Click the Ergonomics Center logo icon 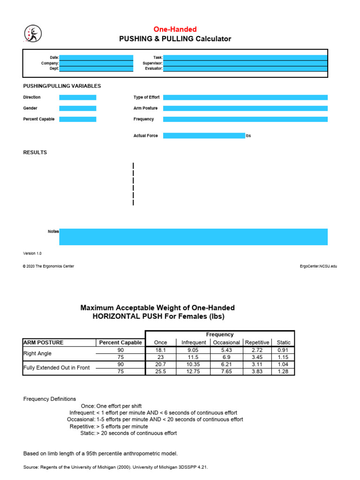click(x=33, y=33)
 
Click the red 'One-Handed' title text click(x=175, y=29)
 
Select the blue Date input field click(x=96, y=57)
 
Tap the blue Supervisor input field click(x=245, y=63)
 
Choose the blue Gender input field click(x=77, y=108)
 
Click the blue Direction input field click(x=77, y=97)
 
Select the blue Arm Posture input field click(x=245, y=108)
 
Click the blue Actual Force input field click(x=204, y=135)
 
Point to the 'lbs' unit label click(x=248, y=136)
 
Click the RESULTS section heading click(x=35, y=152)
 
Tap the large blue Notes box click(x=193, y=237)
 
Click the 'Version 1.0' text click(x=32, y=253)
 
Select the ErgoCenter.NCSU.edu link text click(x=318, y=266)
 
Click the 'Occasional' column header click(x=227, y=343)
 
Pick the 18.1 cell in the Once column click(x=160, y=350)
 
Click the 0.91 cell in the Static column click(x=284, y=350)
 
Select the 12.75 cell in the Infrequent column click(x=193, y=371)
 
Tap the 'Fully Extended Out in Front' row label click(x=56, y=368)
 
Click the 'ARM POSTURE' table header click(x=44, y=343)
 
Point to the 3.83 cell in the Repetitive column click(x=257, y=371)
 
